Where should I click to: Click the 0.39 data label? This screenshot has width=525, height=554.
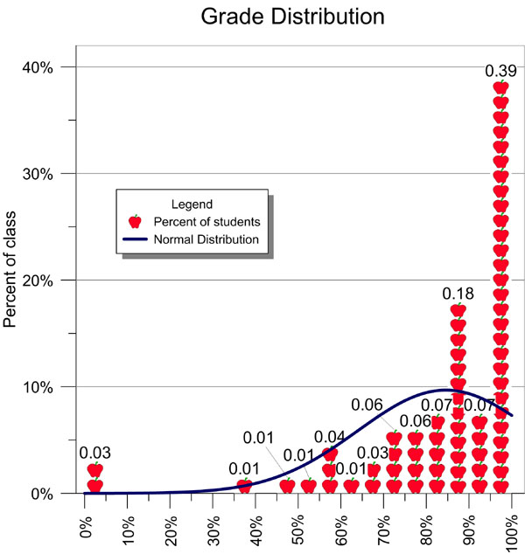(x=500, y=71)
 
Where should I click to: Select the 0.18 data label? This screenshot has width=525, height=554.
(x=458, y=294)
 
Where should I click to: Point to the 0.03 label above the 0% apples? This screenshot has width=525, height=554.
(x=94, y=453)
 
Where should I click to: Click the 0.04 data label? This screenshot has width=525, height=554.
(x=330, y=438)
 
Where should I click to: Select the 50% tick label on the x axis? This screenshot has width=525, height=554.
(x=298, y=523)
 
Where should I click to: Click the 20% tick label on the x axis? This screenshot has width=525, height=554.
(x=171, y=523)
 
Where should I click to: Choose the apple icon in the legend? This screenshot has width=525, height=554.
(x=135, y=222)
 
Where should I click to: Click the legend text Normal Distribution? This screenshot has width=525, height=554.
(x=206, y=239)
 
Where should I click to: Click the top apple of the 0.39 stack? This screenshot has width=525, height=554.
(x=500, y=87)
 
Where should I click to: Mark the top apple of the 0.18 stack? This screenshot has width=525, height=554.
(x=458, y=310)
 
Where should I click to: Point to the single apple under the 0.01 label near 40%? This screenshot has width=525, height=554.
(x=245, y=485)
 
